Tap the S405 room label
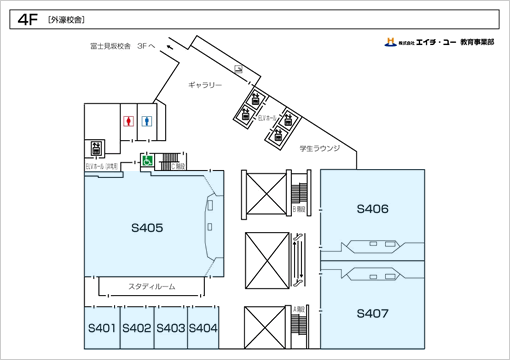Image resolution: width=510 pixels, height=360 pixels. pyautogui.click(x=146, y=227)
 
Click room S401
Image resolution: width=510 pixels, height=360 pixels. pyautogui.click(x=103, y=328)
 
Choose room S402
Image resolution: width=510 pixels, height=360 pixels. pyautogui.click(x=137, y=328)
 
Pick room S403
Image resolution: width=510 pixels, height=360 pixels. pyautogui.click(x=170, y=328)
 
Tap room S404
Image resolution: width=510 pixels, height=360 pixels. pyautogui.click(x=203, y=328)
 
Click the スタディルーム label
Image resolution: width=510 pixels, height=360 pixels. pyautogui.click(x=152, y=286)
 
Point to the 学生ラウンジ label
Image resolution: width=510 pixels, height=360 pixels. pyautogui.click(x=320, y=148)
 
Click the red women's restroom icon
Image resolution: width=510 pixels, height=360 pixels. pyautogui.click(x=127, y=119)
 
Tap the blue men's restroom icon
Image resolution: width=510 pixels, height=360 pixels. pyautogui.click(x=148, y=119)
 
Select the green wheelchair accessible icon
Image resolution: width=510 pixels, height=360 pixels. pyautogui.click(x=145, y=159)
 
